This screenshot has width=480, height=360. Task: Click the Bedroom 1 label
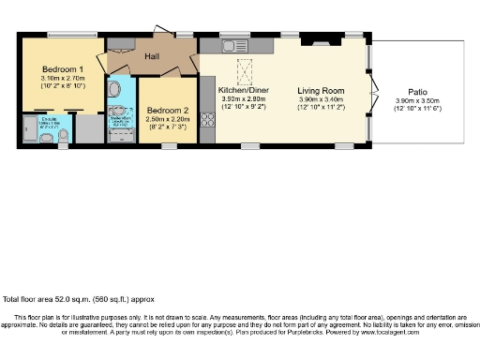point(63,69)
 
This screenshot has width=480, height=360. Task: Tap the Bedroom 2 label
point(168,110)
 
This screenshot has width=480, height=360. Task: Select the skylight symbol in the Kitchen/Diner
point(247,71)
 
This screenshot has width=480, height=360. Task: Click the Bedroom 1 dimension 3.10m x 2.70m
point(63,79)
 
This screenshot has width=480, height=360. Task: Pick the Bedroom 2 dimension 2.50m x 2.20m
point(168,118)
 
